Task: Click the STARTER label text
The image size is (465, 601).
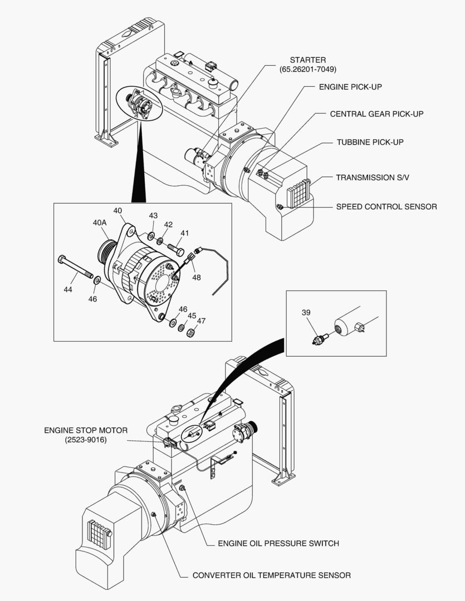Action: tap(308, 60)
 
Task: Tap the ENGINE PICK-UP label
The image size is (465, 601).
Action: tap(350, 87)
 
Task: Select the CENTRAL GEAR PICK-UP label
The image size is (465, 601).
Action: tap(376, 114)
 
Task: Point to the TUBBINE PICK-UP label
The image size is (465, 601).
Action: tap(370, 142)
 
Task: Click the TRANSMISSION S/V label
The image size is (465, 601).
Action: tap(373, 178)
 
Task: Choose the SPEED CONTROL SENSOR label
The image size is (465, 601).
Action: tap(386, 206)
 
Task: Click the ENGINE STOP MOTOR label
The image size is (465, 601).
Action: tap(86, 430)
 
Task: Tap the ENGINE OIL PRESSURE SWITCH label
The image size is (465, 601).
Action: tap(278, 544)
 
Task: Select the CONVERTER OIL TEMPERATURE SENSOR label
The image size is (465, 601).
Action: tap(271, 575)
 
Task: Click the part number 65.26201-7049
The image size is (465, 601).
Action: tap(308, 70)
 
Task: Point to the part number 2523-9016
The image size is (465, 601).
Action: tap(86, 440)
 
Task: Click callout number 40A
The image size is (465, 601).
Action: tap(100, 223)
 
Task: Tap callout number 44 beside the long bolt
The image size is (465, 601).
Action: tap(68, 290)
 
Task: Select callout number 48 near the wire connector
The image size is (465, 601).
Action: tap(197, 277)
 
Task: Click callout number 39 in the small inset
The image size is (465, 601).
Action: tap(306, 312)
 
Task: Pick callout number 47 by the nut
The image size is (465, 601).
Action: tap(201, 321)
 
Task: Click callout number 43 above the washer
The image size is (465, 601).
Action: tap(153, 216)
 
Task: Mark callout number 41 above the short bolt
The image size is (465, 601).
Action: tap(185, 233)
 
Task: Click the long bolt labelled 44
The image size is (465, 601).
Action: tap(75, 267)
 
